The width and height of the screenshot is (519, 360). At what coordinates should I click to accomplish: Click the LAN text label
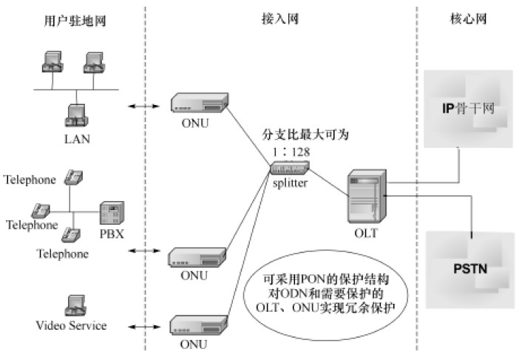pos(75,138)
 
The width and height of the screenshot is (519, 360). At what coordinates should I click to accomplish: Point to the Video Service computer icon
pos(75,305)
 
